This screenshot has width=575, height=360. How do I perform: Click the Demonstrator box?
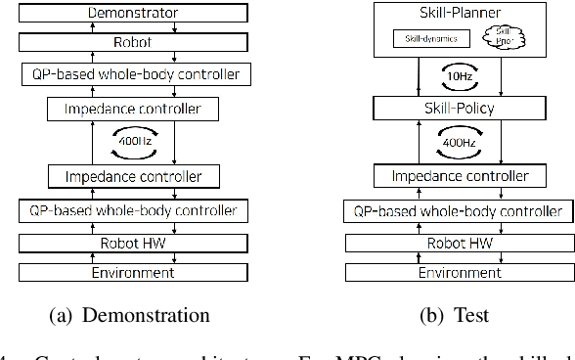[133, 14]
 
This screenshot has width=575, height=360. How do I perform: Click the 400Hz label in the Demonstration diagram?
[133, 143]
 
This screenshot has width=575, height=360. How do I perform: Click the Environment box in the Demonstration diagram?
[133, 272]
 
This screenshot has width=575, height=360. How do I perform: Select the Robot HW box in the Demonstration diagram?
[133, 243]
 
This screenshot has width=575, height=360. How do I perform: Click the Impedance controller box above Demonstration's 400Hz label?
[133, 110]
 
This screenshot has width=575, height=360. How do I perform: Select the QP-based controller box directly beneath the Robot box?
[133, 74]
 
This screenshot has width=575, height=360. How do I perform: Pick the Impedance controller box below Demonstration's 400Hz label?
[133, 176]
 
